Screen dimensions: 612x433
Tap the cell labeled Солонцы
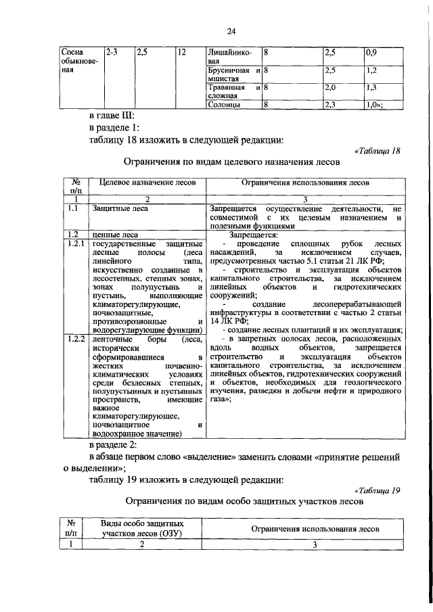coord(223,105)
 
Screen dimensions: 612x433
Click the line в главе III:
coord(112,116)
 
